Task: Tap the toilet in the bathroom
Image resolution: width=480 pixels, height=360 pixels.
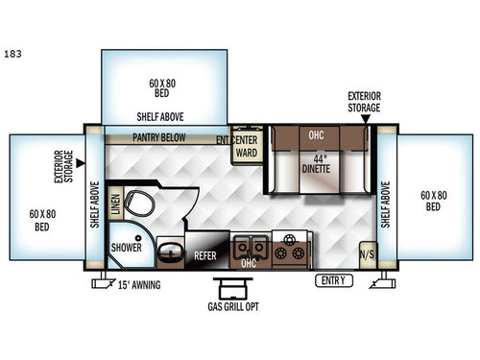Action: [140, 203]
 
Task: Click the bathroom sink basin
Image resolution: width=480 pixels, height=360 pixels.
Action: [171, 252]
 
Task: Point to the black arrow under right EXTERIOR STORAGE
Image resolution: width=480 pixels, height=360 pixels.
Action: [364, 117]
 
